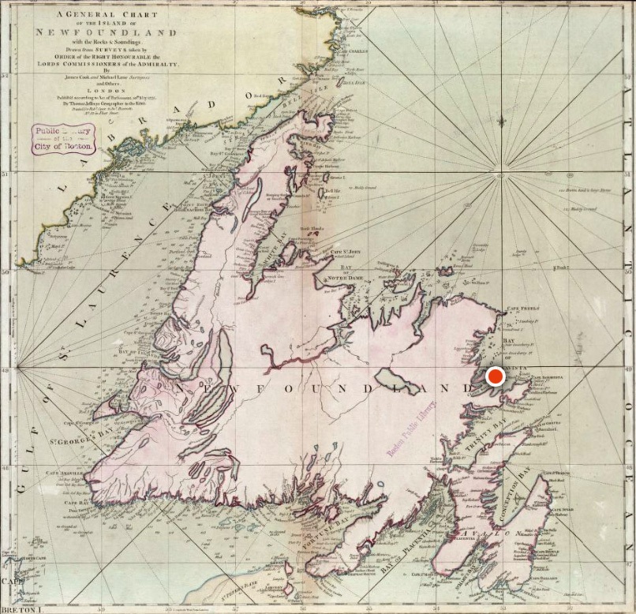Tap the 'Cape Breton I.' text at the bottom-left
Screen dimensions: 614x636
[x=17, y=608]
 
